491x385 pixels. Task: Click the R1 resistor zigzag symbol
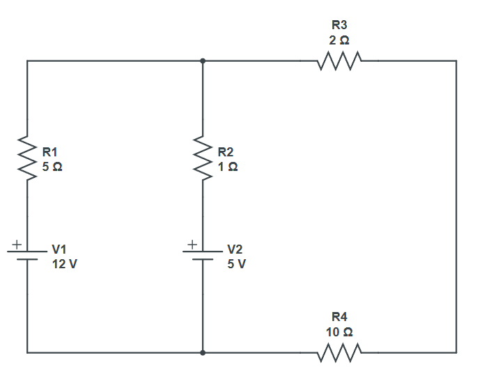click(27, 158)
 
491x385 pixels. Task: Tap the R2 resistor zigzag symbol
click(203, 158)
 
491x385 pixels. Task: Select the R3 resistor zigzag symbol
click(339, 62)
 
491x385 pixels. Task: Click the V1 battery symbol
click(27, 255)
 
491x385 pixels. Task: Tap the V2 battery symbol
click(203, 255)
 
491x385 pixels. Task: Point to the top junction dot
click(203, 61)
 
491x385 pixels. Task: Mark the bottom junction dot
click(203, 353)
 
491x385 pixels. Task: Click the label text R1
click(51, 151)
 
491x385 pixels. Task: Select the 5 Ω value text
click(52, 167)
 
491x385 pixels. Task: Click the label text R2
click(226, 151)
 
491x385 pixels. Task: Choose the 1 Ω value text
click(227, 167)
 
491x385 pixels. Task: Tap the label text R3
click(340, 26)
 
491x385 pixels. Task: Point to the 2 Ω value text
click(340, 41)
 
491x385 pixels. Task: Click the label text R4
click(340, 318)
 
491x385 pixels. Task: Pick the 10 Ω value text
click(340, 332)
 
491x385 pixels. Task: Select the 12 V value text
click(65, 264)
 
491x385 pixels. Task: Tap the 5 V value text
click(237, 264)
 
